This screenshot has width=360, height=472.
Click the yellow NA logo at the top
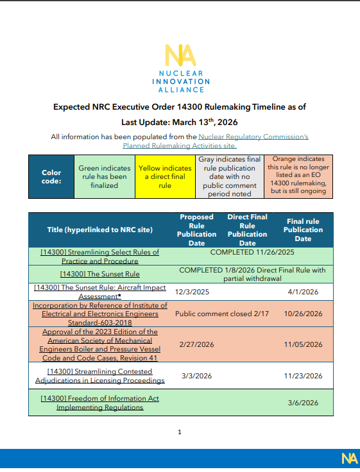(x=180, y=56)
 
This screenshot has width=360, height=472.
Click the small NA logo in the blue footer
(x=349, y=458)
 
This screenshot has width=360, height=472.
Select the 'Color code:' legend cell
(x=51, y=176)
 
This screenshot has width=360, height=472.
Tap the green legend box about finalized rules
(x=104, y=176)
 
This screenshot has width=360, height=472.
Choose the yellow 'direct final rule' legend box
(x=165, y=176)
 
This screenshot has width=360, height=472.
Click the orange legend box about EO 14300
(x=298, y=176)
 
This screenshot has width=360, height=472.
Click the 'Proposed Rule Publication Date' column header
(x=196, y=230)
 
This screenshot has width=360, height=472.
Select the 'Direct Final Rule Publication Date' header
(x=247, y=230)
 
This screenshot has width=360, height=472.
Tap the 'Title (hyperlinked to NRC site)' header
(x=100, y=230)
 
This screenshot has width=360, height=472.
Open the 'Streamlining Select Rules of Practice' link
(x=100, y=257)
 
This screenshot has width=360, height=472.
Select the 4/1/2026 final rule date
(x=303, y=290)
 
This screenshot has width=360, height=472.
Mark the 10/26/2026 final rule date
(x=303, y=314)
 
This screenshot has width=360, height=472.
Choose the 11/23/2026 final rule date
(x=303, y=375)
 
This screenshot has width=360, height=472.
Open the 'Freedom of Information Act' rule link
(x=100, y=403)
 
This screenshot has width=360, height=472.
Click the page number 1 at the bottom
(x=180, y=432)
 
